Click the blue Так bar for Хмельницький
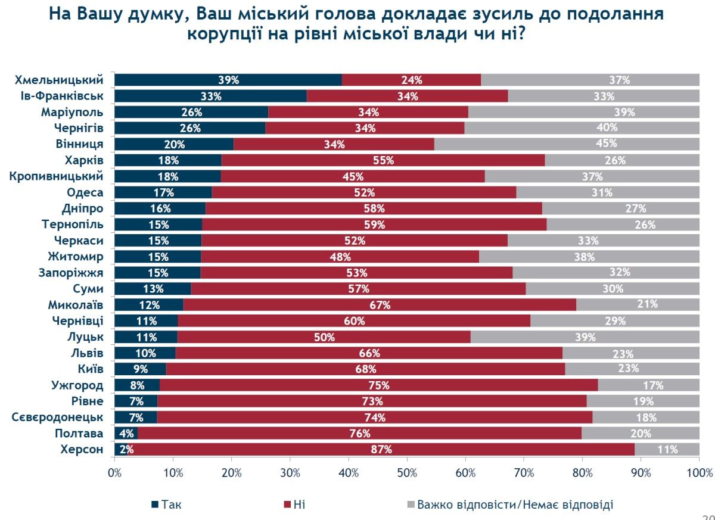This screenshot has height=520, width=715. [228, 80]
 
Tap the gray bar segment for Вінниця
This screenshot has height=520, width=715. [567, 144]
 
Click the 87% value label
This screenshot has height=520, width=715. [381, 450]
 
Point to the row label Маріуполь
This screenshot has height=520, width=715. [72, 112]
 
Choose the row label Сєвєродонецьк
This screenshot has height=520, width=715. [58, 417]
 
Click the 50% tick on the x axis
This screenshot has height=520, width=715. [407, 474]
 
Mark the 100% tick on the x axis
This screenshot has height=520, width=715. [699, 474]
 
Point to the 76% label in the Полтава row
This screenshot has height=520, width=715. [360, 433]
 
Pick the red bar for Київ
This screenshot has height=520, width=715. [365, 369]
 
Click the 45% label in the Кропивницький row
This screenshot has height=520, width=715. [353, 176]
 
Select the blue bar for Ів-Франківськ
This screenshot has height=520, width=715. [210, 96]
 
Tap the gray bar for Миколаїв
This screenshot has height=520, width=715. [638, 304]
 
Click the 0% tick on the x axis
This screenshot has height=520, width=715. [114, 474]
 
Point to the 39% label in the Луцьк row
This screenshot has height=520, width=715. [585, 337]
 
